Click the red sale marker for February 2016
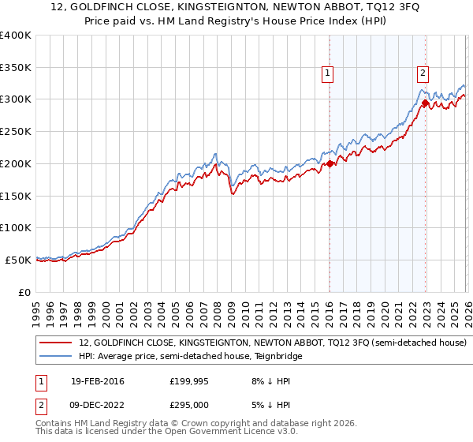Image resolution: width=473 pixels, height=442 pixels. tap(329, 164)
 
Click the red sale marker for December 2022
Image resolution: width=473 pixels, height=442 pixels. tap(425, 103)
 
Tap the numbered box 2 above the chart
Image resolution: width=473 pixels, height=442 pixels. tap(423, 73)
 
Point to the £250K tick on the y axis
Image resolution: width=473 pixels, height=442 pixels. tap(15, 132)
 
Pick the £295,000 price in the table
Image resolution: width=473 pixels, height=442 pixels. tap(194, 404)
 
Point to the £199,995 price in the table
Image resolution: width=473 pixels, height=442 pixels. tap(194, 381)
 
